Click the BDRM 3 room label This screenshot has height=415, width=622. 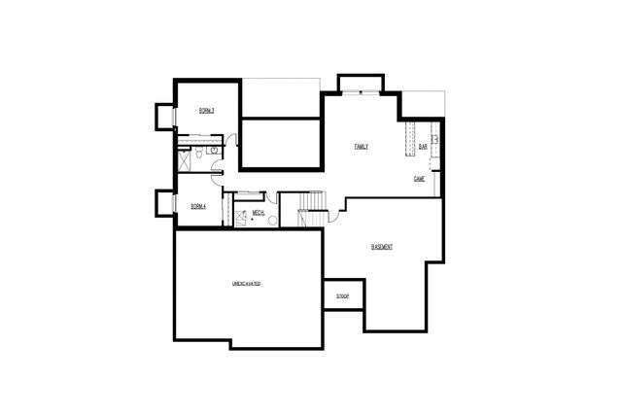206,111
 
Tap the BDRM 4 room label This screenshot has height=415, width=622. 198,206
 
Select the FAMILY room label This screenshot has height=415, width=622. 361,147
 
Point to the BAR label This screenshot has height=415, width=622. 423,147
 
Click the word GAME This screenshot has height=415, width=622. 420,179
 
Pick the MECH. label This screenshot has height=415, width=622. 259,212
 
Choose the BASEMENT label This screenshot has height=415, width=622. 382,247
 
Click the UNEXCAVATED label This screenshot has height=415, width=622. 246,284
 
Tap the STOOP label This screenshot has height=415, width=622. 342,295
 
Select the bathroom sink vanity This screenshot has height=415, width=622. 213,151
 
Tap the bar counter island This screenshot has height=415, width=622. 409,136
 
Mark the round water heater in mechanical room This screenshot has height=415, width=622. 272,221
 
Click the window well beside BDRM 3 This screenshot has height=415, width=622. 163,116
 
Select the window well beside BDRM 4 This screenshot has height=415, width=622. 163,202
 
